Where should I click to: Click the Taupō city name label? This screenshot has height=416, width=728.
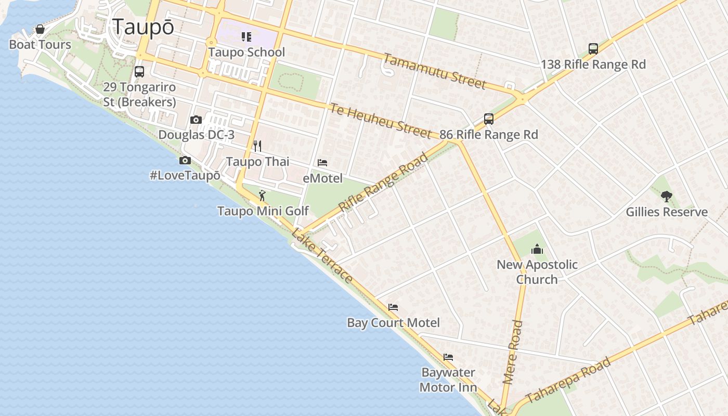pos(143,27)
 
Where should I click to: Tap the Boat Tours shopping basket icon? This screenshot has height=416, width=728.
pos(40,29)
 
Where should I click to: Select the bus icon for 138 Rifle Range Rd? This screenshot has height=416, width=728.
pos(593,49)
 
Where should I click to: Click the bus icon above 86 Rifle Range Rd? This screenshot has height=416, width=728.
pos(489,119)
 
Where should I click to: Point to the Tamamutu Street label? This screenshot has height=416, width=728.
pos(435,71)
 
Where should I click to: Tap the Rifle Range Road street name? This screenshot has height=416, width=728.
pos(384,182)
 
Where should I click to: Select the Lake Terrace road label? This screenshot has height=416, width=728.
pos(322,256)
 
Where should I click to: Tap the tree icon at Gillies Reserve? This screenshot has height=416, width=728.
pos(667,196)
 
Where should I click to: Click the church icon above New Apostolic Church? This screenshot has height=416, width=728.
pos(537,250)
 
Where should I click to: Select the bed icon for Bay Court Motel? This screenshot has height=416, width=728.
pos(393,307)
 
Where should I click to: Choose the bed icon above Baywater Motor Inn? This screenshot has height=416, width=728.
pos(448,357)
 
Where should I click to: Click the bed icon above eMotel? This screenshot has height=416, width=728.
pos(322,163)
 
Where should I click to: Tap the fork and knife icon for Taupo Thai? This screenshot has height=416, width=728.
pos(257,146)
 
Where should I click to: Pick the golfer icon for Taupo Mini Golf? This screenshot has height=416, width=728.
pos(263,196)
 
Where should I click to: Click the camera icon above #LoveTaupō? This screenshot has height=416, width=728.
pos(185,160)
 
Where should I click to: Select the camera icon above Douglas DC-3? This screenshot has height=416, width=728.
pos(196,120)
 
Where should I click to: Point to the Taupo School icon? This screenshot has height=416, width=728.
pos(246,36)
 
